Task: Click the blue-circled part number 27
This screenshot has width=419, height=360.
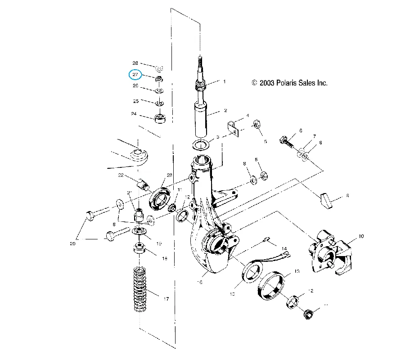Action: pyautogui.click(x=135, y=75)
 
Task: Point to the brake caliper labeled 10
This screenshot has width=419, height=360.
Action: pyautogui.click(x=329, y=252)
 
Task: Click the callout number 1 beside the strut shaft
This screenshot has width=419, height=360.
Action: pyautogui.click(x=224, y=82)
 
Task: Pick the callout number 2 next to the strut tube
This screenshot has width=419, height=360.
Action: pyautogui.click(x=225, y=110)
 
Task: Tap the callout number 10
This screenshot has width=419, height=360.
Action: pyautogui.click(x=361, y=236)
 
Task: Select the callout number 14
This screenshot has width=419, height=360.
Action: pyautogui.click(x=284, y=248)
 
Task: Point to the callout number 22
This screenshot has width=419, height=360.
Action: pyautogui.click(x=121, y=175)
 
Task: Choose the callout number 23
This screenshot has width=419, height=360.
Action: pyautogui.click(x=169, y=175)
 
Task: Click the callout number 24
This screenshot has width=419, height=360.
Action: pyautogui.click(x=134, y=114)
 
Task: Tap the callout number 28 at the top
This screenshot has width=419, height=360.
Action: pyautogui.click(x=135, y=63)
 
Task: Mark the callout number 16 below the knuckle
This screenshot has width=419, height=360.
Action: pyautogui.click(x=199, y=282)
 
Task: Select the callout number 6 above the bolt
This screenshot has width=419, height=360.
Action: pyautogui.click(x=301, y=130)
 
